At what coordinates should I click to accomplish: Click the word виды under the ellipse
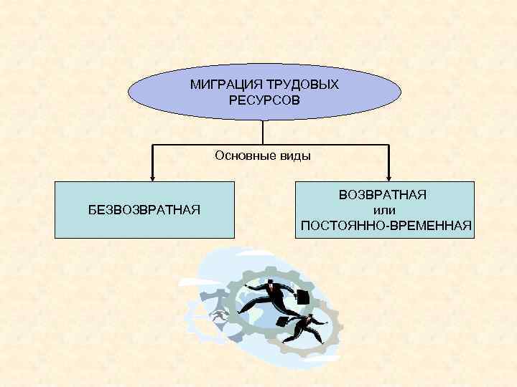click(x=294, y=155)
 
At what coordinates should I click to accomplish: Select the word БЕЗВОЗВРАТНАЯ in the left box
click(x=144, y=209)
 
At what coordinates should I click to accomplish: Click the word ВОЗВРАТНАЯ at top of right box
click(x=383, y=195)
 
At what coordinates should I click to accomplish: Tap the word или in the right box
click(x=384, y=210)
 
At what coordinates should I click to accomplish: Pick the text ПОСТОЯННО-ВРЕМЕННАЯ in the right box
click(x=386, y=226)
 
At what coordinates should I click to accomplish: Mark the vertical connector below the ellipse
click(x=264, y=132)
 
